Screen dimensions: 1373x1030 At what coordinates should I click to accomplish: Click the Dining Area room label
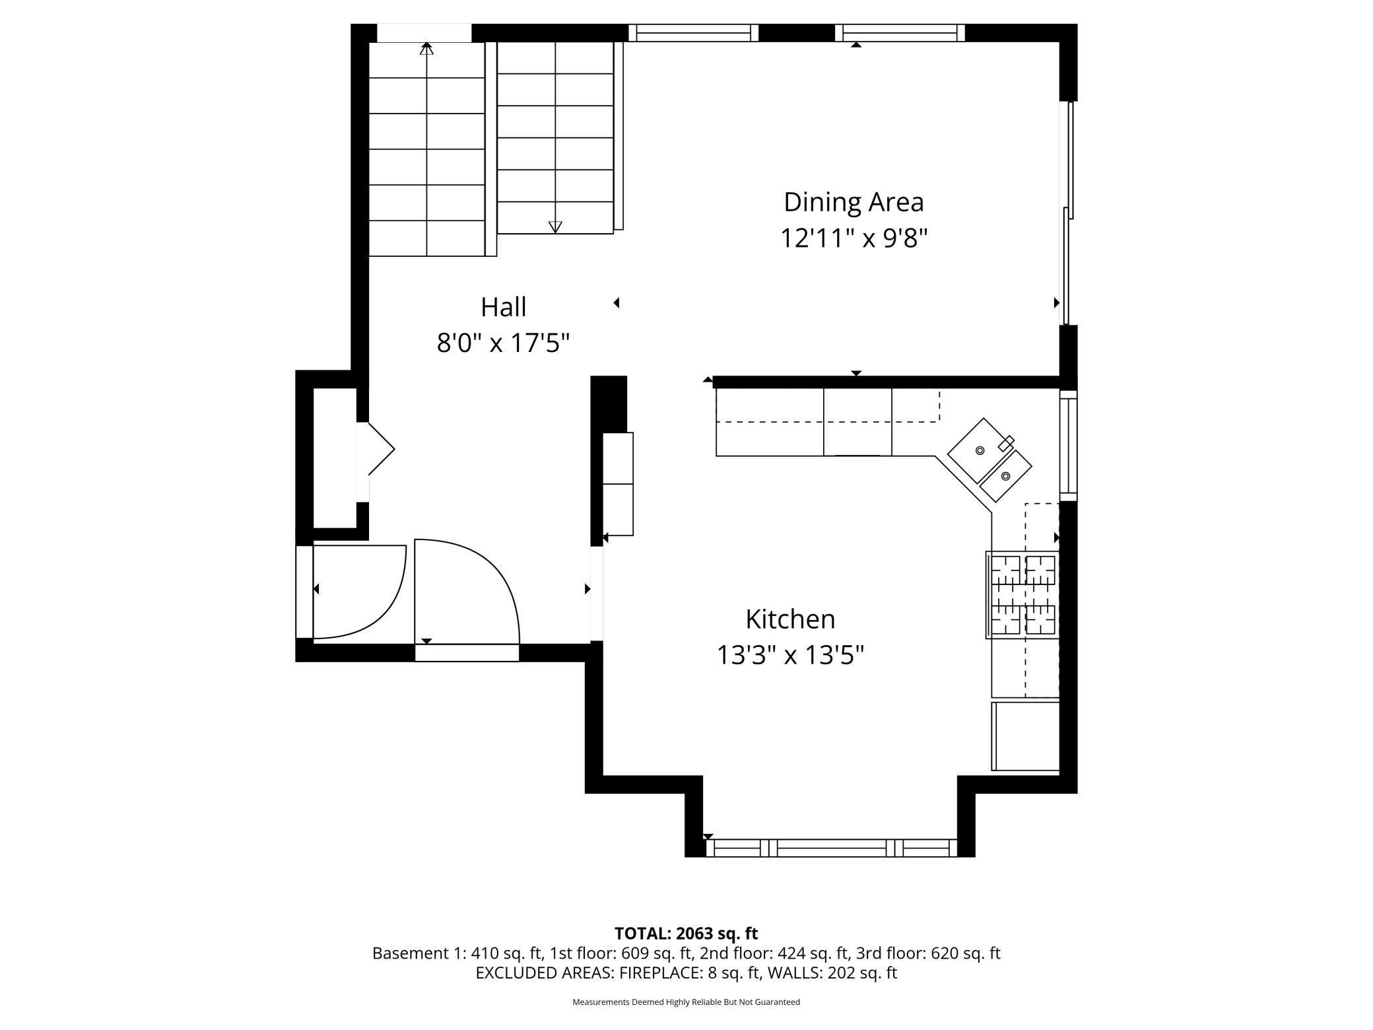(x=854, y=202)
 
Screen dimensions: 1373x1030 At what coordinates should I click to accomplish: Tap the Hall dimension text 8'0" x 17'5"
(x=503, y=343)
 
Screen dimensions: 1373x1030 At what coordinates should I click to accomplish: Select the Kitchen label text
(x=790, y=619)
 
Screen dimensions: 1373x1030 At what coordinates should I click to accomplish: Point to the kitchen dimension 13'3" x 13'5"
(x=790, y=656)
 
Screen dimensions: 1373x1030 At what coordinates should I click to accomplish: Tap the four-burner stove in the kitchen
(x=1022, y=595)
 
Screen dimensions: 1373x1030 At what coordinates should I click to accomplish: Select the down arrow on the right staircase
(x=555, y=226)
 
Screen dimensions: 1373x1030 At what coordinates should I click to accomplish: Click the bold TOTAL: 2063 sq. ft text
(x=686, y=934)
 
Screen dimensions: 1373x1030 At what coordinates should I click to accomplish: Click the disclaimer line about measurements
(x=686, y=1002)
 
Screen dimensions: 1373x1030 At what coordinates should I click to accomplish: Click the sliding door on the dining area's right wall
(x=1067, y=213)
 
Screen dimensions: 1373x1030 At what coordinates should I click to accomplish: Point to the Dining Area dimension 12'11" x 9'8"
(x=854, y=238)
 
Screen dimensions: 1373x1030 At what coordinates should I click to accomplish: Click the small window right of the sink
(x=1068, y=446)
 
